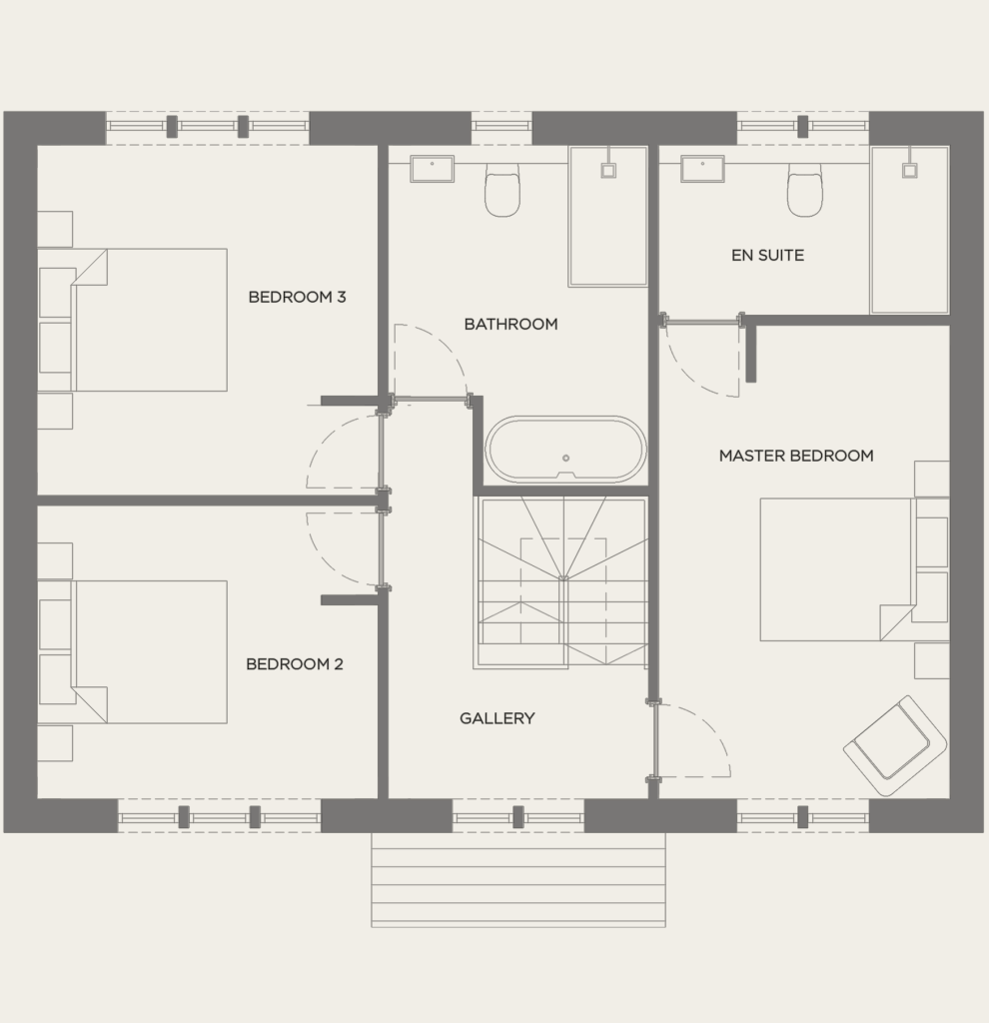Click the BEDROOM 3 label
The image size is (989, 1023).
(297, 297)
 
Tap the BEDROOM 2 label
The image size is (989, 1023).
(295, 663)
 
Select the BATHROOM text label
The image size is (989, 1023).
(510, 324)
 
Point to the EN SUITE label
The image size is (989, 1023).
(767, 255)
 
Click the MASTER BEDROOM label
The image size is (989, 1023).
(796, 456)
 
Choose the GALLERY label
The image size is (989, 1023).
(496, 717)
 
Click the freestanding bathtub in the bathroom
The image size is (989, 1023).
(565, 451)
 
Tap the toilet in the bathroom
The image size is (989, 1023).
(502, 190)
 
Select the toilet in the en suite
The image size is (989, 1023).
(804, 190)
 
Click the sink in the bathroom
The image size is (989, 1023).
(432, 169)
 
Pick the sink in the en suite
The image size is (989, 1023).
(702, 169)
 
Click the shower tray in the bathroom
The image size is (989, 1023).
(607, 217)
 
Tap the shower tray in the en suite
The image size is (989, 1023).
(909, 230)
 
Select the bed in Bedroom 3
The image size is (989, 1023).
(150, 320)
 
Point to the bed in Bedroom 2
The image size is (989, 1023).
(150, 651)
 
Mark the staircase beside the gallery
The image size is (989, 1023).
(562, 582)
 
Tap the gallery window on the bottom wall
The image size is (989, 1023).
(517, 816)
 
